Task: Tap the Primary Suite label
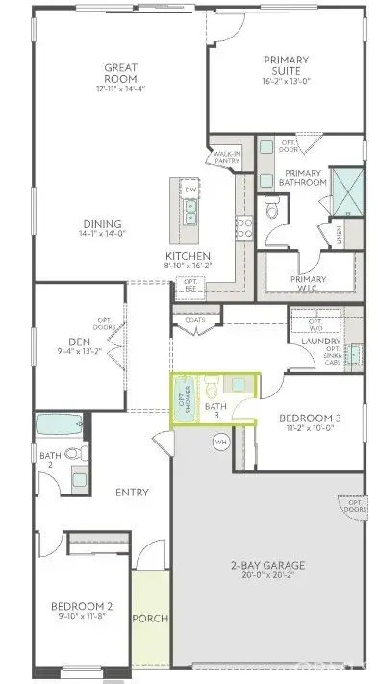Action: coord(287,65)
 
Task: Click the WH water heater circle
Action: coord(220,442)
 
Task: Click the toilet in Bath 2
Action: coord(82,453)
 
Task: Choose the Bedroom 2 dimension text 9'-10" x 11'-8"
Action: coord(82,619)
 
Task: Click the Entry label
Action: coord(132,493)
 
